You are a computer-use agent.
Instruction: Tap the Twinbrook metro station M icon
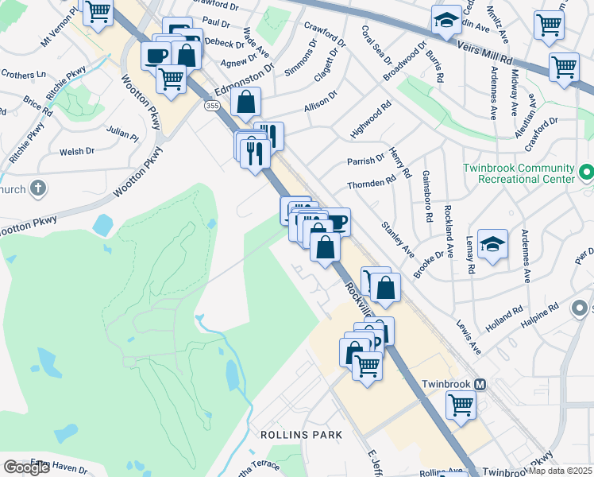coord(480,383)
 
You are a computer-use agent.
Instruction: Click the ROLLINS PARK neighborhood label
coord(301,435)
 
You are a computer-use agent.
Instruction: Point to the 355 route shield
coord(212,105)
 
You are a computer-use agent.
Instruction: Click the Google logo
coord(26,467)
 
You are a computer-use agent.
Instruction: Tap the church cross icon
coord(38,189)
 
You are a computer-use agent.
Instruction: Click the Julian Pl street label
coord(122,133)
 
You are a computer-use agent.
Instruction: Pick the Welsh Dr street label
coord(77,150)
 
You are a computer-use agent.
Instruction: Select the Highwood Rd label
coord(370,118)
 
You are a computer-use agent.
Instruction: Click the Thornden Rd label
coord(371,184)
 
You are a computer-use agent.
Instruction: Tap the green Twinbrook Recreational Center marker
coord(586,172)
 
